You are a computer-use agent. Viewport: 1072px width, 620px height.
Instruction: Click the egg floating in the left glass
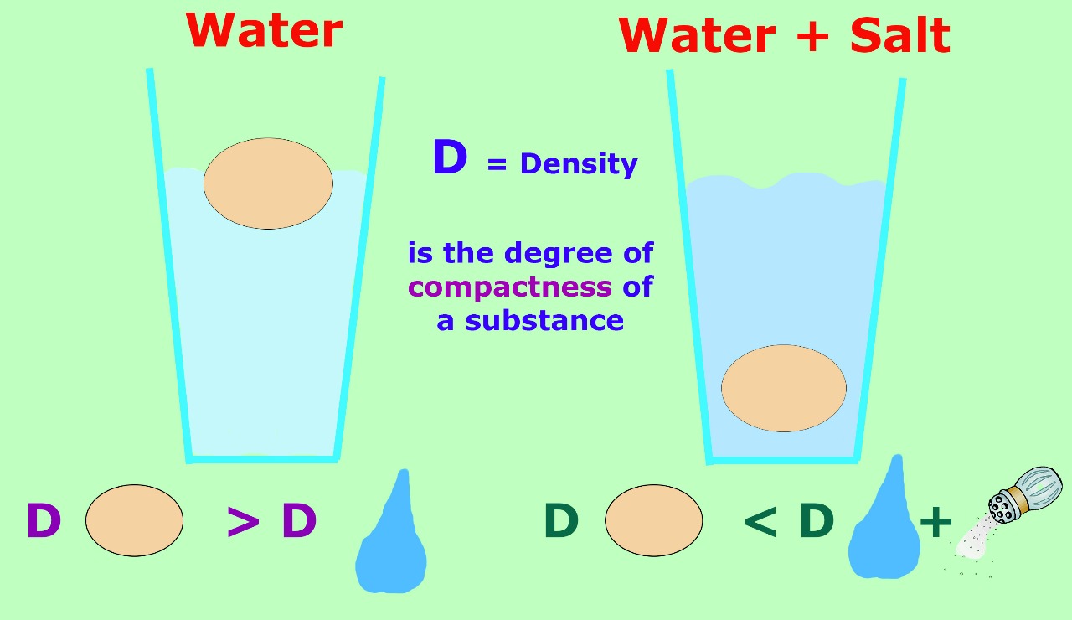pyautogui.click(x=268, y=183)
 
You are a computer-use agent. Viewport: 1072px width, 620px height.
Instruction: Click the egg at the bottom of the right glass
pyautogui.click(x=783, y=388)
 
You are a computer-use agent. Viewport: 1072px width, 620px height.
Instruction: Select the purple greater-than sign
pyautogui.click(x=243, y=521)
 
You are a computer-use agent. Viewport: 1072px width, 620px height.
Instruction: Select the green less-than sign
pyautogui.click(x=760, y=521)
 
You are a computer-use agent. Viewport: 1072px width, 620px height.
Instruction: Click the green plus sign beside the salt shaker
pyautogui.click(x=935, y=522)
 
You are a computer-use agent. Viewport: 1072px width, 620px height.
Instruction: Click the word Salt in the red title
pyautogui.click(x=899, y=35)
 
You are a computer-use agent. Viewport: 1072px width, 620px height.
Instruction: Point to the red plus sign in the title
pyautogui.click(x=812, y=35)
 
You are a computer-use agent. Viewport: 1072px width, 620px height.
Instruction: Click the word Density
pyautogui.click(x=579, y=164)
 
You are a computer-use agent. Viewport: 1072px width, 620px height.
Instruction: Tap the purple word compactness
pyautogui.click(x=510, y=287)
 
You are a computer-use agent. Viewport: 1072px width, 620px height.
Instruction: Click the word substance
pyautogui.click(x=544, y=320)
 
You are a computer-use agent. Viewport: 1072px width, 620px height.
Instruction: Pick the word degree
pyautogui.click(x=558, y=253)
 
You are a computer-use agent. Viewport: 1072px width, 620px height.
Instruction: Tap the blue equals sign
pyautogui.click(x=497, y=164)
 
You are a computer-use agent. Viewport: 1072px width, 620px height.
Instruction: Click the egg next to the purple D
pyautogui.click(x=135, y=520)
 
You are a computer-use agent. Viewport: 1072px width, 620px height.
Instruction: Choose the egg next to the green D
pyautogui.click(x=654, y=520)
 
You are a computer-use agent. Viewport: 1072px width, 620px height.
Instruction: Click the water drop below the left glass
pyautogui.click(x=391, y=541)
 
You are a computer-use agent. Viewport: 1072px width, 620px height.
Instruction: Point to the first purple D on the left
pyautogui.click(x=44, y=520)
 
